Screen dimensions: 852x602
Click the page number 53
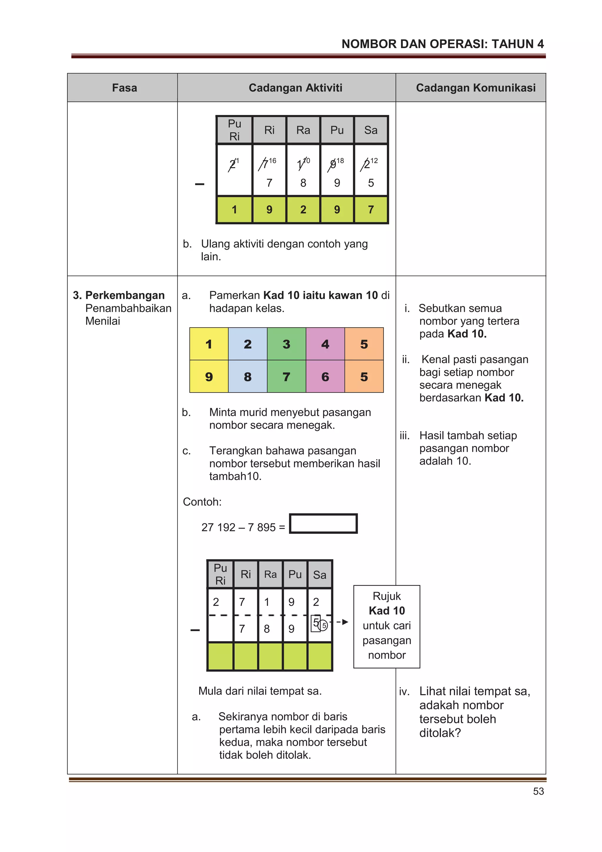point(538,791)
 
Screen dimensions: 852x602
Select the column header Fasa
point(124,88)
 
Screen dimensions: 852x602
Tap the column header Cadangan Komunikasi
point(476,88)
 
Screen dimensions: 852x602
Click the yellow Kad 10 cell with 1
point(209,344)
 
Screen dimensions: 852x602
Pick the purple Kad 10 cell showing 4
point(325,344)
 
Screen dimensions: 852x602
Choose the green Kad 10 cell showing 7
point(286,377)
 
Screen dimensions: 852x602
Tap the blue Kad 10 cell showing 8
point(248,377)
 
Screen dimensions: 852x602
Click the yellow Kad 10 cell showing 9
point(209,377)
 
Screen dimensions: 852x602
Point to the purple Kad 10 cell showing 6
point(325,377)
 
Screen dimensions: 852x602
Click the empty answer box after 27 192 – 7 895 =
point(323,523)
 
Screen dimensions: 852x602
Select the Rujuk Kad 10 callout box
point(387,626)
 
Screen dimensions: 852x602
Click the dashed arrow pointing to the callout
point(342,622)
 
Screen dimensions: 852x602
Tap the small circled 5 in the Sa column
point(324,626)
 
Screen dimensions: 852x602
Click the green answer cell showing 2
point(303,210)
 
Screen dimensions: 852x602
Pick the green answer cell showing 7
point(371,210)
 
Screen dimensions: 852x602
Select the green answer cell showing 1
point(234,210)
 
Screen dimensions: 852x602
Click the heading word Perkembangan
point(125,295)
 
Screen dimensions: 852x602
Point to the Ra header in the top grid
point(303,130)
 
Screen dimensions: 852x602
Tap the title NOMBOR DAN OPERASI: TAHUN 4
point(442,44)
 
